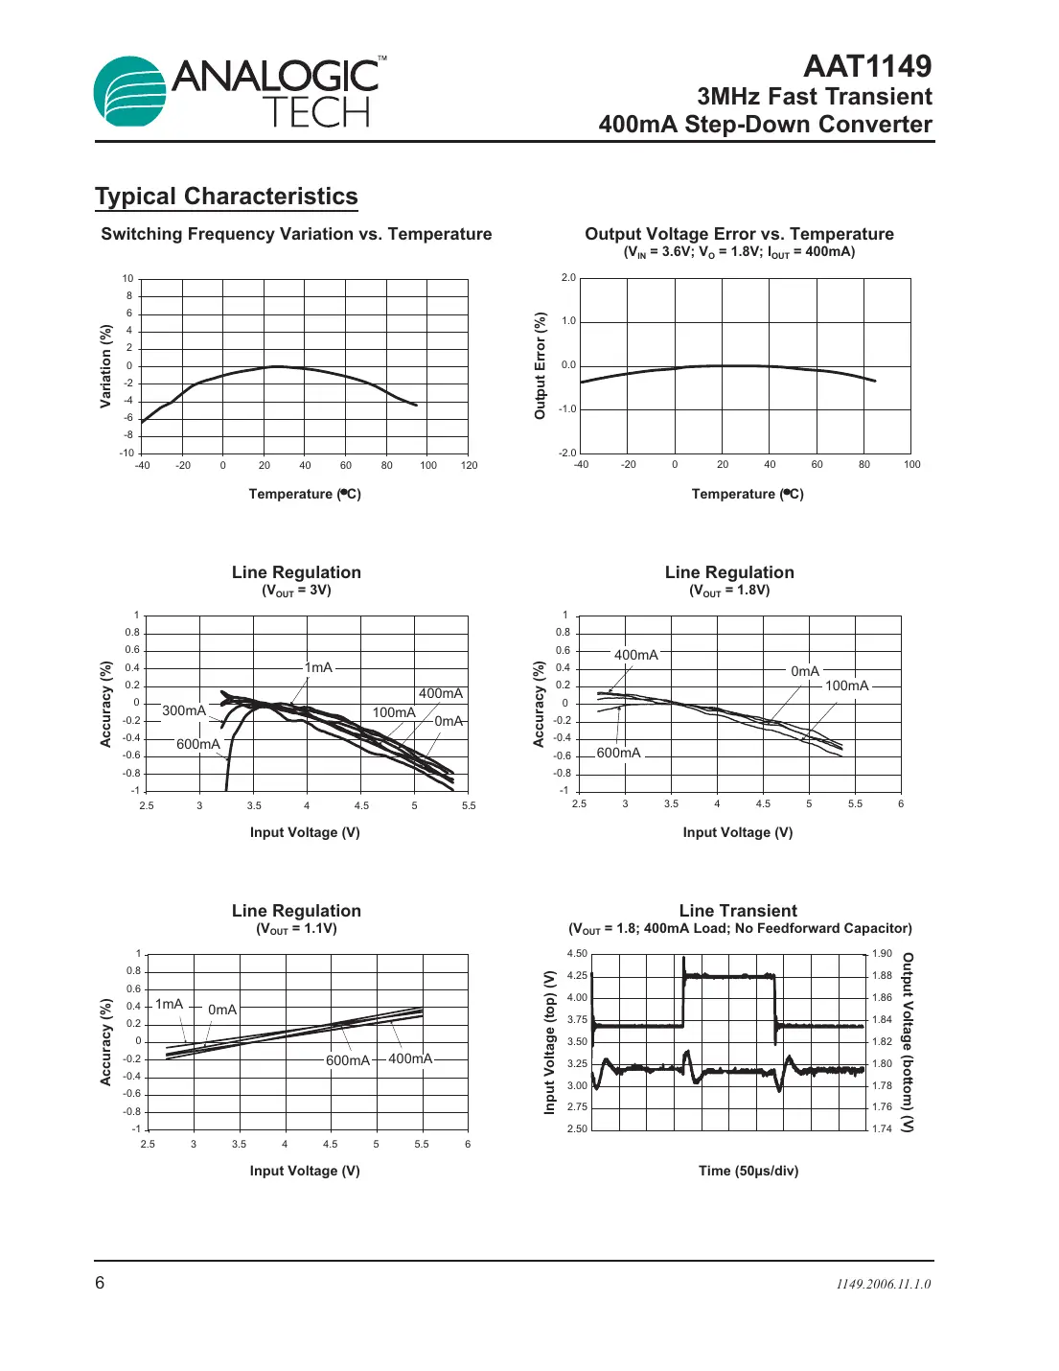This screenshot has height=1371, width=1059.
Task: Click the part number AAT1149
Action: click(x=866, y=66)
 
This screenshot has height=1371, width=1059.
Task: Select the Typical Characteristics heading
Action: click(x=226, y=197)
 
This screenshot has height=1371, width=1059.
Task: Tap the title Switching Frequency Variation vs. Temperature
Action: click(x=296, y=234)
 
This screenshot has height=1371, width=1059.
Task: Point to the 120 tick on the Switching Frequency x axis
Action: click(x=469, y=466)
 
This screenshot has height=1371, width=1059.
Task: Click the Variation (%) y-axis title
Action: click(x=106, y=366)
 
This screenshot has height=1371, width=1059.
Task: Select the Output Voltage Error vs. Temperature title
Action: click(x=739, y=234)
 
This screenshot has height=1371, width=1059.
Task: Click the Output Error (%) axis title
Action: click(x=540, y=365)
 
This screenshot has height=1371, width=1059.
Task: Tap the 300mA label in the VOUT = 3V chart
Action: click(x=183, y=710)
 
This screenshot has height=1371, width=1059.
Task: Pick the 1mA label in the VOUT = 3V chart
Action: click(x=318, y=667)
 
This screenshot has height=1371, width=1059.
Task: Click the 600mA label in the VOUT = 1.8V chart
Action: click(x=618, y=753)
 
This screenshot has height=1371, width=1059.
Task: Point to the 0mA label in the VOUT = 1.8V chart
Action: click(x=805, y=671)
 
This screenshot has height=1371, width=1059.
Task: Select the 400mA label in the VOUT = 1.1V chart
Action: click(x=410, y=1058)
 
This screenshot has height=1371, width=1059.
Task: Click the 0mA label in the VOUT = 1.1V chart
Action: click(x=222, y=1010)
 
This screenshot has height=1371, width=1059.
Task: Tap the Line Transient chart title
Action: click(x=738, y=911)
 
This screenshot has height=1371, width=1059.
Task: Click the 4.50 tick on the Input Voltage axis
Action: click(x=577, y=954)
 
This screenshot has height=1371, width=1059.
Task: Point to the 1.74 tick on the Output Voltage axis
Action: click(x=882, y=1128)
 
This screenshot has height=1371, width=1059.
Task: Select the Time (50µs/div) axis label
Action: click(x=748, y=1171)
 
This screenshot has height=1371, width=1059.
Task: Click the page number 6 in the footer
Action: click(x=100, y=1283)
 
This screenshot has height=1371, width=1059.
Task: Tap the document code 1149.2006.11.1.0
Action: click(x=883, y=1284)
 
